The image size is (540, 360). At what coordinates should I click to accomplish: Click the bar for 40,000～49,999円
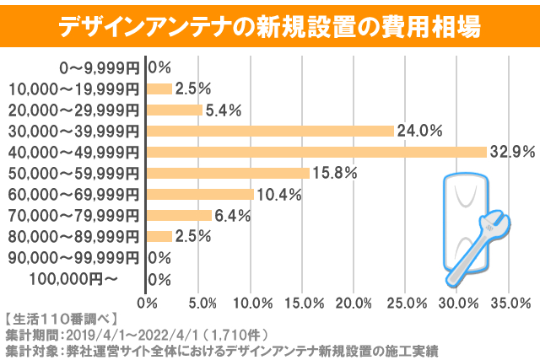316,152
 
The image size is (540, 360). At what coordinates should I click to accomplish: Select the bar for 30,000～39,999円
270,131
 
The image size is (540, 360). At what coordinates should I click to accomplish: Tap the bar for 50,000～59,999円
228,173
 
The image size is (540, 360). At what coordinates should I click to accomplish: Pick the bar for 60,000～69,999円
200,194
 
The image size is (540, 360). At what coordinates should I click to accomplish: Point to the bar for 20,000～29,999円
175,110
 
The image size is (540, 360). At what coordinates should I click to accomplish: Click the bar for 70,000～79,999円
179,215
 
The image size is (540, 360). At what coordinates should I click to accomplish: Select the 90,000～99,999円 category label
74,257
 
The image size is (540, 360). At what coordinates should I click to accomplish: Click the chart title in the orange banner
270,26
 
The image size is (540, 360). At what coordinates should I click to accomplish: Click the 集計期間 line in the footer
135,334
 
